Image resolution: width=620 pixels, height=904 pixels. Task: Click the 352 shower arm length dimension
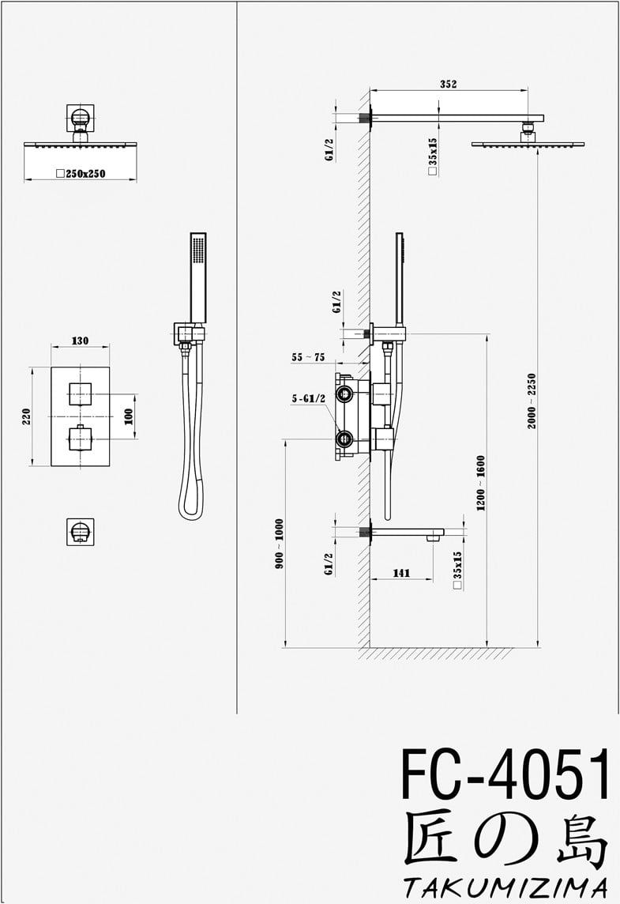click(x=448, y=85)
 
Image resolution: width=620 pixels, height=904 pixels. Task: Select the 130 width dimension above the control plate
click(x=80, y=341)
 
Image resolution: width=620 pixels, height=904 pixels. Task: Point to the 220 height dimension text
click(x=26, y=416)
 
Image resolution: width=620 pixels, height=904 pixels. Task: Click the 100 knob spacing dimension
click(x=129, y=416)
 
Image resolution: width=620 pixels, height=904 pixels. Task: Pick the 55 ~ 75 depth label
click(x=308, y=357)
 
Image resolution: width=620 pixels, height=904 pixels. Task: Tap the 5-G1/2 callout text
click(x=309, y=399)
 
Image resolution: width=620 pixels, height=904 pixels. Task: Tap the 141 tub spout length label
click(x=401, y=574)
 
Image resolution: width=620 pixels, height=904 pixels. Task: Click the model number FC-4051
click(x=505, y=775)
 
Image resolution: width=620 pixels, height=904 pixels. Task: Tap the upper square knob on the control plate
click(x=81, y=393)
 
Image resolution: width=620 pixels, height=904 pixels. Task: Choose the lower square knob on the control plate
click(x=81, y=437)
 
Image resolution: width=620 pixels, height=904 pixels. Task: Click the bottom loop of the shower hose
click(x=190, y=507)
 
